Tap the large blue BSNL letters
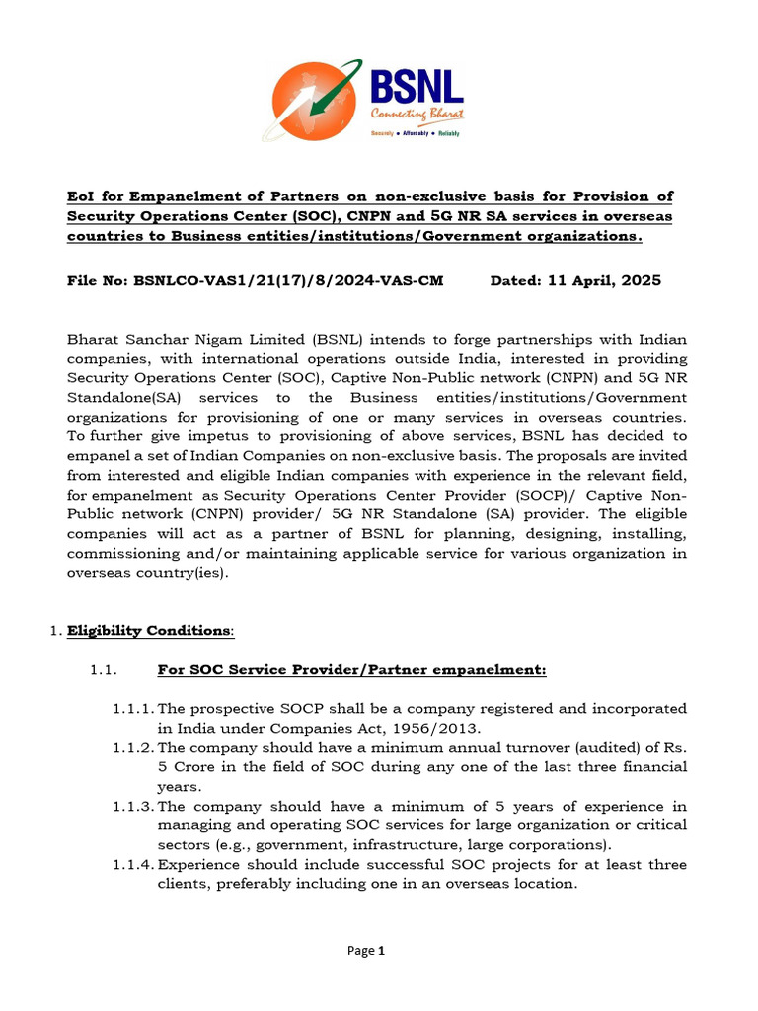(x=416, y=86)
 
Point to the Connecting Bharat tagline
(x=417, y=115)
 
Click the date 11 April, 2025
(x=603, y=281)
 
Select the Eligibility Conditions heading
(x=150, y=630)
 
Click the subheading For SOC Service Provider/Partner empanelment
(x=351, y=671)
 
